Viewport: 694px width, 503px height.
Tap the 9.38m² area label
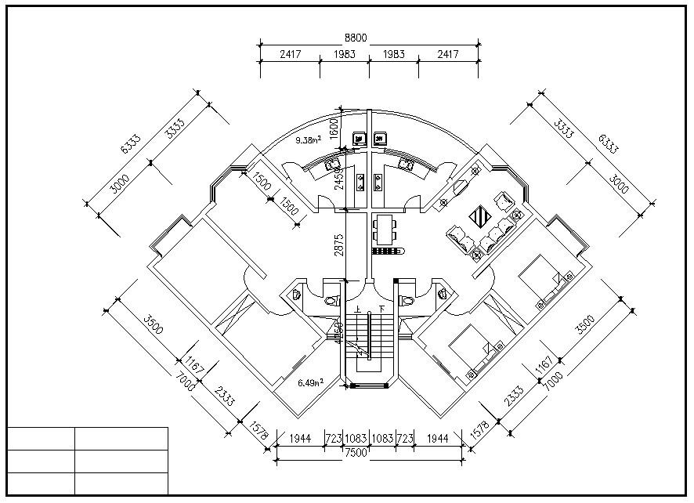point(308,140)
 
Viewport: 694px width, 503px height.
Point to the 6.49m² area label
point(311,383)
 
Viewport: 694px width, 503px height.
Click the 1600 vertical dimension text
point(333,126)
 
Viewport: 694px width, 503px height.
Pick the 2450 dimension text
point(339,178)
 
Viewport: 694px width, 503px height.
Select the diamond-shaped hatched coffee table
point(479,214)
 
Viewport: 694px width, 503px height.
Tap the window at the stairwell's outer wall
point(370,385)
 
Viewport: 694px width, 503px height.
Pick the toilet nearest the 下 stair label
point(407,300)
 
